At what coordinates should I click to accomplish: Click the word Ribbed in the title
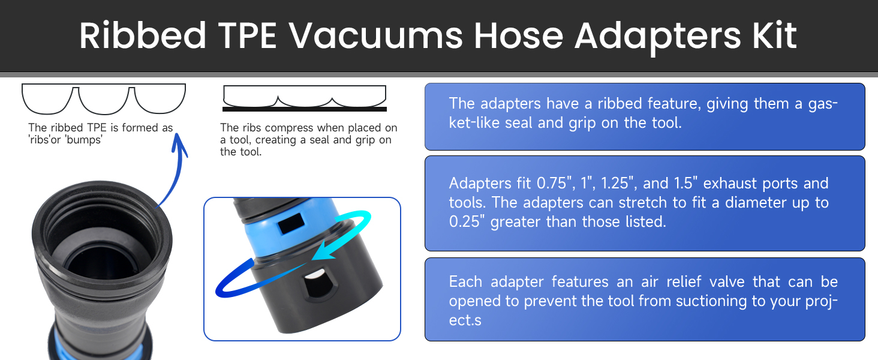click(x=143, y=35)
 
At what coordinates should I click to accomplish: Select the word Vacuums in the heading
click(x=376, y=35)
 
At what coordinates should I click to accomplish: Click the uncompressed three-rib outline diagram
click(x=104, y=99)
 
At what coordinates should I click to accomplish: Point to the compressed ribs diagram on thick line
click(x=305, y=98)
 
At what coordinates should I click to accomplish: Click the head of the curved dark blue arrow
click(x=179, y=143)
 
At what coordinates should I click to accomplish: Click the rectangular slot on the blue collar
click(x=291, y=223)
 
